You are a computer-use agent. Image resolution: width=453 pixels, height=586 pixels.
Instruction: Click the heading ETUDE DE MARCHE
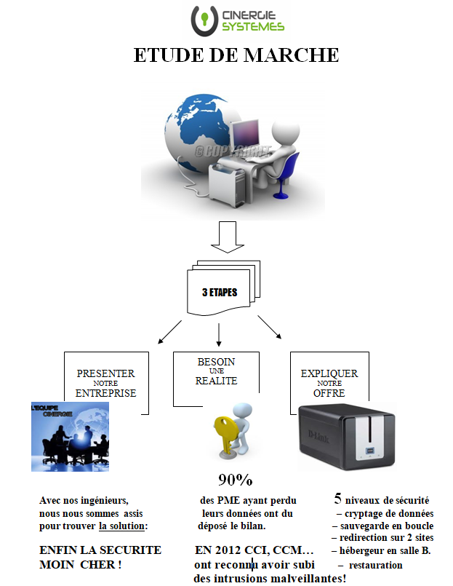coord(236,55)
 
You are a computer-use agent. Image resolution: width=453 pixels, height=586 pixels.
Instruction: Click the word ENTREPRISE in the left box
coord(106,393)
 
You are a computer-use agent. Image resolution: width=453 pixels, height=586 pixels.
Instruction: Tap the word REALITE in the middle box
coord(216,381)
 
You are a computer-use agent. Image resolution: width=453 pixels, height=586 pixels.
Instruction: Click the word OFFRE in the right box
coord(329,393)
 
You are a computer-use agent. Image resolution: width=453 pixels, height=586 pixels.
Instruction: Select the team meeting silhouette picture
coord(70,436)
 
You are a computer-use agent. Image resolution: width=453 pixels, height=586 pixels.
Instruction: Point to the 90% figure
coord(235,480)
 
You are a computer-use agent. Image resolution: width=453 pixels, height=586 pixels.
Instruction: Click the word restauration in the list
coord(375,565)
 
